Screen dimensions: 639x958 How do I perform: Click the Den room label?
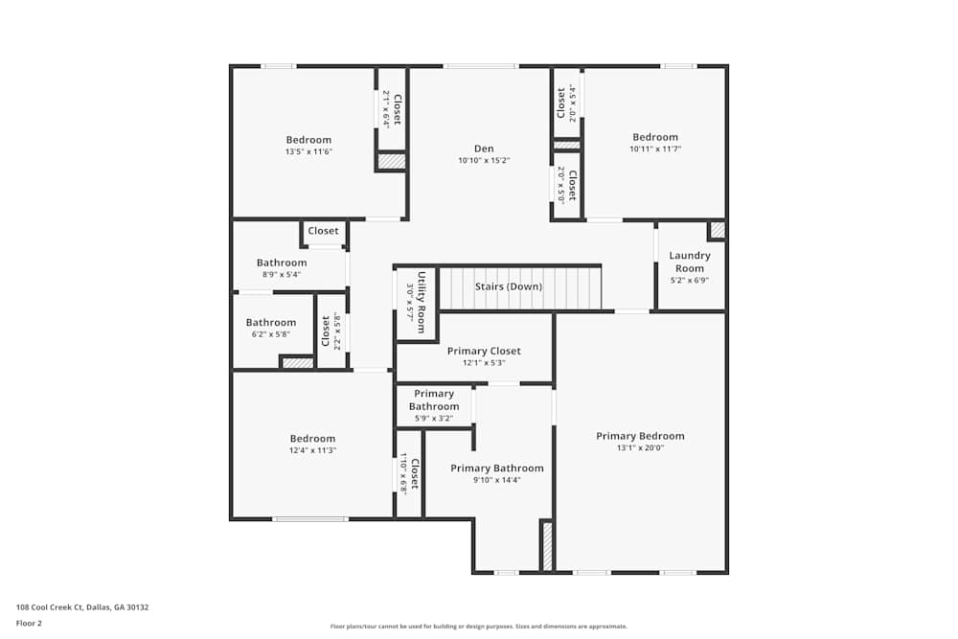pyautogui.click(x=484, y=148)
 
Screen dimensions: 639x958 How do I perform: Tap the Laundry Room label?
pyautogui.click(x=690, y=262)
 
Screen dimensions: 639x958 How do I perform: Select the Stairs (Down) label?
pyautogui.click(x=509, y=286)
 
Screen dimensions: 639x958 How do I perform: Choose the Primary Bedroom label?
pyautogui.click(x=640, y=436)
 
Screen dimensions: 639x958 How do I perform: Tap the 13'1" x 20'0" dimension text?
pyautogui.click(x=640, y=447)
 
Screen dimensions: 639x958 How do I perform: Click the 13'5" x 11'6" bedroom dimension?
pyautogui.click(x=308, y=151)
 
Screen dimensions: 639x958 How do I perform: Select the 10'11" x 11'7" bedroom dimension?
pyautogui.click(x=654, y=148)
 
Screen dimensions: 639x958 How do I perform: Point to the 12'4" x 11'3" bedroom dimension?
pyautogui.click(x=312, y=450)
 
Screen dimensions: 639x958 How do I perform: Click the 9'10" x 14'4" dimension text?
pyautogui.click(x=496, y=480)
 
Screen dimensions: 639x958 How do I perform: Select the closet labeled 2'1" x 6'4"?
pyautogui.click(x=392, y=108)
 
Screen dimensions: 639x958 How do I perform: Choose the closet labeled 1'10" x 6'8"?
pyautogui.click(x=409, y=473)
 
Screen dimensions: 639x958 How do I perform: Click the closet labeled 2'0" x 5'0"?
pyautogui.click(x=567, y=185)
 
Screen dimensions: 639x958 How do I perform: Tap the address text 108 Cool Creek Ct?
pyautogui.click(x=82, y=606)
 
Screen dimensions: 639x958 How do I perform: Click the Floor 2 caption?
pyautogui.click(x=29, y=623)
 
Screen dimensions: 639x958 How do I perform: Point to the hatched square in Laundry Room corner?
pyautogui.click(x=717, y=230)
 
